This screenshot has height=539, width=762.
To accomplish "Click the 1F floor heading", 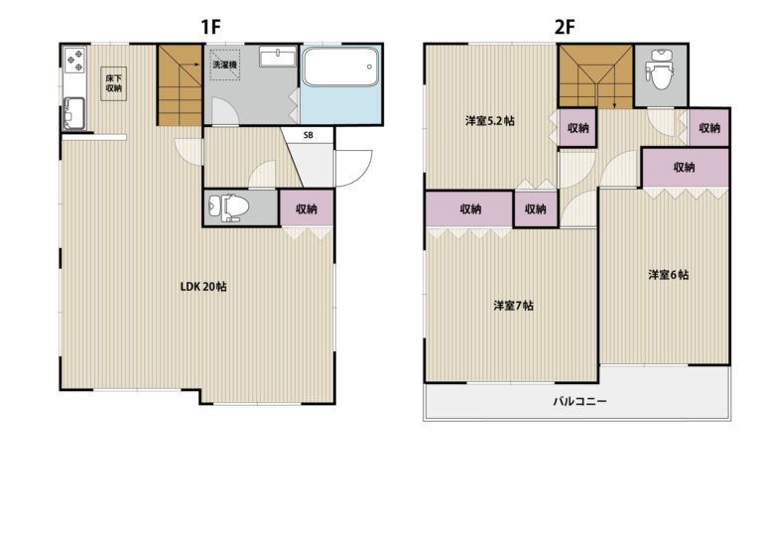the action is [210, 27].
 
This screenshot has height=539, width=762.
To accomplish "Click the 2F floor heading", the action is [565, 27].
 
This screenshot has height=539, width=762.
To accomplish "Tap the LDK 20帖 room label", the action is [203, 286].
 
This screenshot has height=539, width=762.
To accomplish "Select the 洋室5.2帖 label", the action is [490, 121].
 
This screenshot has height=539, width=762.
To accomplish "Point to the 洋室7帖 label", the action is [514, 306].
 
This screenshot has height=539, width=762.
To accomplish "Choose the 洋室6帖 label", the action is [668, 275].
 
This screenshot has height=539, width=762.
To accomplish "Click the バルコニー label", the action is [579, 401].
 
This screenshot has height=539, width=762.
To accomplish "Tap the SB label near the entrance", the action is [309, 136].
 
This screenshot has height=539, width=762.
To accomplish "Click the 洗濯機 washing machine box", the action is [225, 66].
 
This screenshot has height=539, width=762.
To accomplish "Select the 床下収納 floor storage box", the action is [114, 83].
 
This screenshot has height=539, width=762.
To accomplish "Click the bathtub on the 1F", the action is [340, 67].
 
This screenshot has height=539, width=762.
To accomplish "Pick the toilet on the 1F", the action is [228, 207].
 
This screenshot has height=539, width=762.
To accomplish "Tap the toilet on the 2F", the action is [660, 69].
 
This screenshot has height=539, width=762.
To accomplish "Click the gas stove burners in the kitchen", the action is [74, 60].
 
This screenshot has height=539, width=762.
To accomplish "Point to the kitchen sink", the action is [74, 113].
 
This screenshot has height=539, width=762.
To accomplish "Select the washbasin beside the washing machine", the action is [278, 57].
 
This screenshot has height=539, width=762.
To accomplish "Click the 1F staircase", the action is [180, 85].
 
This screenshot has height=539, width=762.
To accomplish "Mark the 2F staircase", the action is [595, 76].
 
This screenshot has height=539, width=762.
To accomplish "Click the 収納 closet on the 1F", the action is [307, 208].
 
